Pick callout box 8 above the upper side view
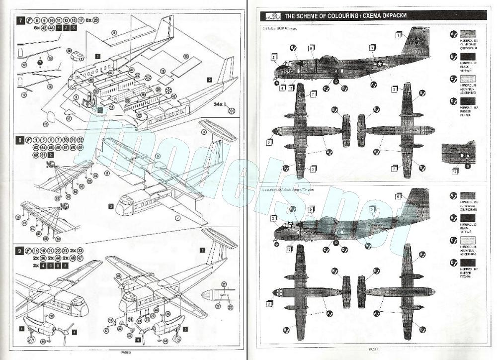coord(311,48)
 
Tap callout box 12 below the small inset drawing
coord(455,172)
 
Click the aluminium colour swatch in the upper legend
coord(467,80)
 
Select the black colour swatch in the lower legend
coord(467,217)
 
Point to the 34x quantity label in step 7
coord(219,104)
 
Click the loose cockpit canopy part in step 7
coord(77,56)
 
